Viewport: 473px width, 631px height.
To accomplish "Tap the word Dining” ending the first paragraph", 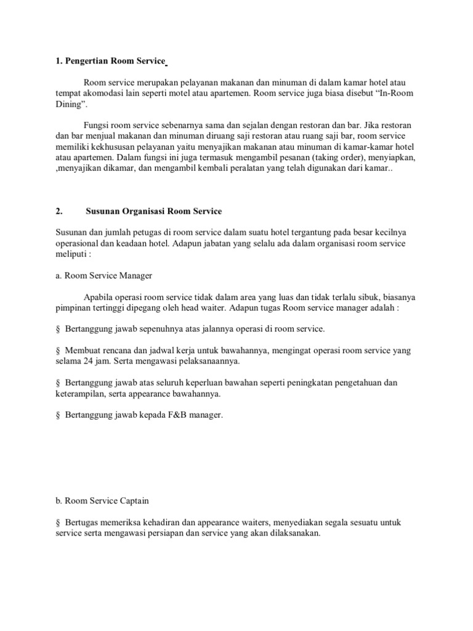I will pos(70,104).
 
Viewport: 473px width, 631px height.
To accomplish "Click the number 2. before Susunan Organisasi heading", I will pos(59,211).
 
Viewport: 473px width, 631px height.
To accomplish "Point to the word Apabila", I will pos(99,296).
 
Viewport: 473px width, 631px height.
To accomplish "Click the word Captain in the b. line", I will pos(132,501).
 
